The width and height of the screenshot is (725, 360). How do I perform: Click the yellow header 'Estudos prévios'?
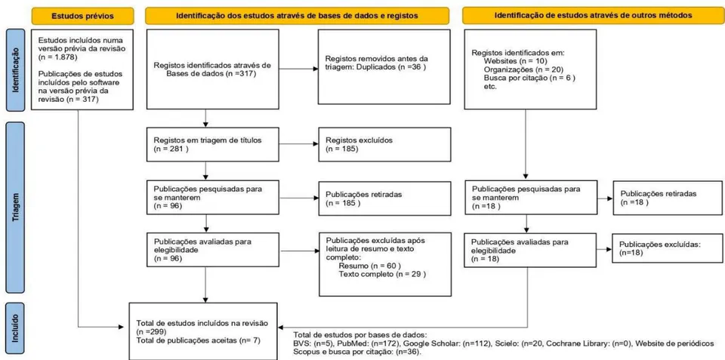[82, 16]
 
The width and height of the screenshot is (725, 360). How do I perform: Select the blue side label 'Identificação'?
[14, 71]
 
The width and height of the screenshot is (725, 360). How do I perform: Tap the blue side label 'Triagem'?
[14, 208]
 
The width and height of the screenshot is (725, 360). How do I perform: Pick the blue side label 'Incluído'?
[14, 328]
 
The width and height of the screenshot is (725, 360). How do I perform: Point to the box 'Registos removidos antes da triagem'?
[384, 66]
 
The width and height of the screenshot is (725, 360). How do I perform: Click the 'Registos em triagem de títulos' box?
[213, 143]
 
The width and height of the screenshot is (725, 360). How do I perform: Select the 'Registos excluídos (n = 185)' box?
[384, 143]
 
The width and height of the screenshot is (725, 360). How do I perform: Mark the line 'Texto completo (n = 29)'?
[382, 274]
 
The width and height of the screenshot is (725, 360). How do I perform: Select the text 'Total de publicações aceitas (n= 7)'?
[199, 340]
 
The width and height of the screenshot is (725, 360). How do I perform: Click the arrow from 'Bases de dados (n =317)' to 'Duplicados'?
[299, 69]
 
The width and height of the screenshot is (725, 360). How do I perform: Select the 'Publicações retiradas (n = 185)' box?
[384, 198]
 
